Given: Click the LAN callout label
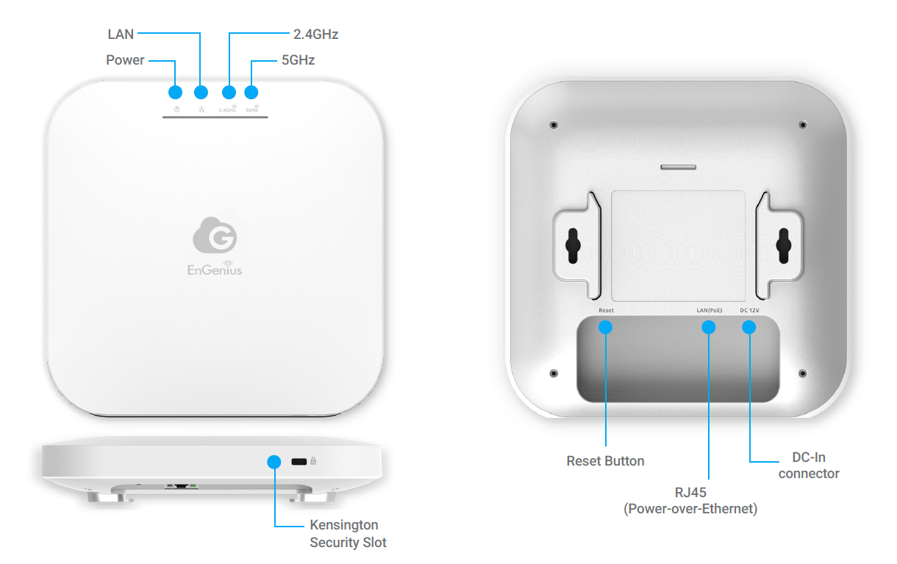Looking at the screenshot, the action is pyautogui.click(x=121, y=35).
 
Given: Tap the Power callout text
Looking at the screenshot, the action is pyautogui.click(x=125, y=60).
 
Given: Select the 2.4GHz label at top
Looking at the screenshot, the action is pyautogui.click(x=315, y=35).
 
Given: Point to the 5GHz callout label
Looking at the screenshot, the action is pyautogui.click(x=298, y=60).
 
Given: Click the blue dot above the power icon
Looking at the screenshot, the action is pyautogui.click(x=176, y=93).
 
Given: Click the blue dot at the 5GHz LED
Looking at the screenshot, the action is pyautogui.click(x=251, y=93).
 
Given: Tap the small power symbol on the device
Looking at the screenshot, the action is pyautogui.click(x=176, y=109).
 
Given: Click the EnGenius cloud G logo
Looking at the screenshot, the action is pyautogui.click(x=215, y=235).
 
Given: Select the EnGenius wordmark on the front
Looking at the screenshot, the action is pyautogui.click(x=215, y=269).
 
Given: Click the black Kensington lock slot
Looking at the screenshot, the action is pyautogui.click(x=299, y=462).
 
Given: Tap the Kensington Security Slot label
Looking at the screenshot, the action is pyautogui.click(x=348, y=534).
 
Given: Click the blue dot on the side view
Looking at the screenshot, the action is pyautogui.click(x=274, y=462).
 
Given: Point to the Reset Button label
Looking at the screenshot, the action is pyautogui.click(x=605, y=461).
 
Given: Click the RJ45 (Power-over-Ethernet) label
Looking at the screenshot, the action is pyautogui.click(x=690, y=500).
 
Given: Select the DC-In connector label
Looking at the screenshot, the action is pyautogui.click(x=809, y=465).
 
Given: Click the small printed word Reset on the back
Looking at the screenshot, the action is pyautogui.click(x=606, y=311).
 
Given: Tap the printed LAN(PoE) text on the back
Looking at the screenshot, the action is pyautogui.click(x=710, y=311).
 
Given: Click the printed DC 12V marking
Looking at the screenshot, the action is pyautogui.click(x=749, y=311).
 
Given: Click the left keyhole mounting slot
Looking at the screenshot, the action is pyautogui.click(x=573, y=245).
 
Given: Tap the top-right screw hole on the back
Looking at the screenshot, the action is pyautogui.click(x=802, y=125).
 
